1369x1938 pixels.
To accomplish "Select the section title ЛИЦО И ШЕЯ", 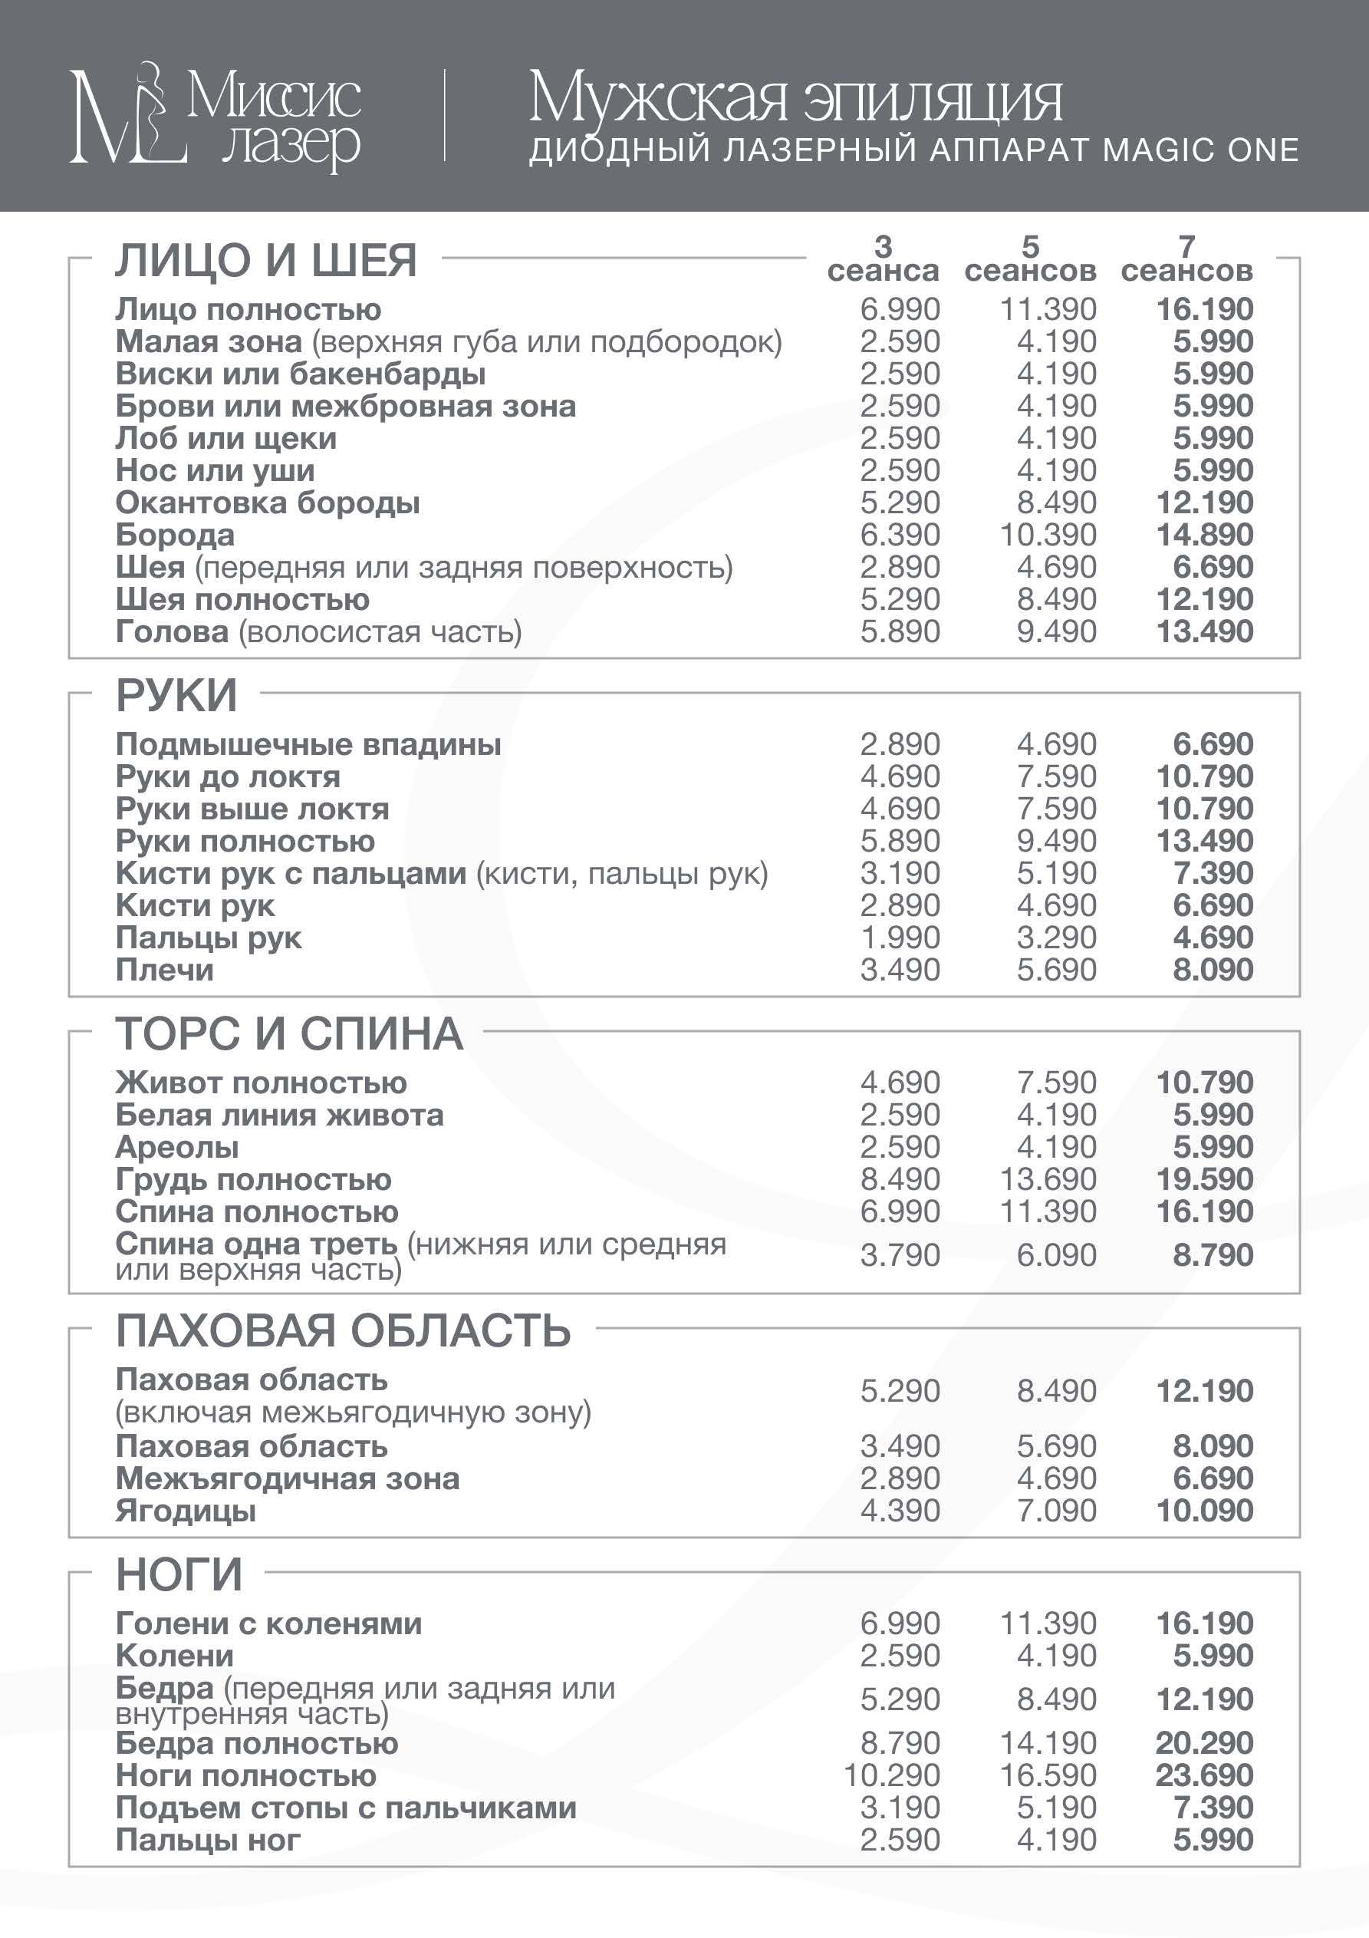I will (266, 260).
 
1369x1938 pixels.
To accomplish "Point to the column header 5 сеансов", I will (1030, 259).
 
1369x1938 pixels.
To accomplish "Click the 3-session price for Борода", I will (900, 536).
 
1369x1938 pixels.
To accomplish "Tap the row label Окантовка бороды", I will (268, 503).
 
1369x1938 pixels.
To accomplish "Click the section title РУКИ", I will (176, 696).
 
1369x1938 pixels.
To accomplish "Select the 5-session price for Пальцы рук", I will (1056, 938).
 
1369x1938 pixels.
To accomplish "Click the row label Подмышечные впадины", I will (308, 744).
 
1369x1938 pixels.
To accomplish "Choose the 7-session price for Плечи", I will (1213, 970).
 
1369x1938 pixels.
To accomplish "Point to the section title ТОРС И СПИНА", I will (288, 1034).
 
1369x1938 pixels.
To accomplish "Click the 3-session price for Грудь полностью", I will (900, 1179).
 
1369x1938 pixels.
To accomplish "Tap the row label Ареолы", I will (177, 1148).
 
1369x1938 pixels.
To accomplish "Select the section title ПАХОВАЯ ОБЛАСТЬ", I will (343, 1331).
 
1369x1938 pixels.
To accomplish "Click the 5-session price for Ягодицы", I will (1056, 1511).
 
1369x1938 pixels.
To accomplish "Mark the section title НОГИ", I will (179, 1575).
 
